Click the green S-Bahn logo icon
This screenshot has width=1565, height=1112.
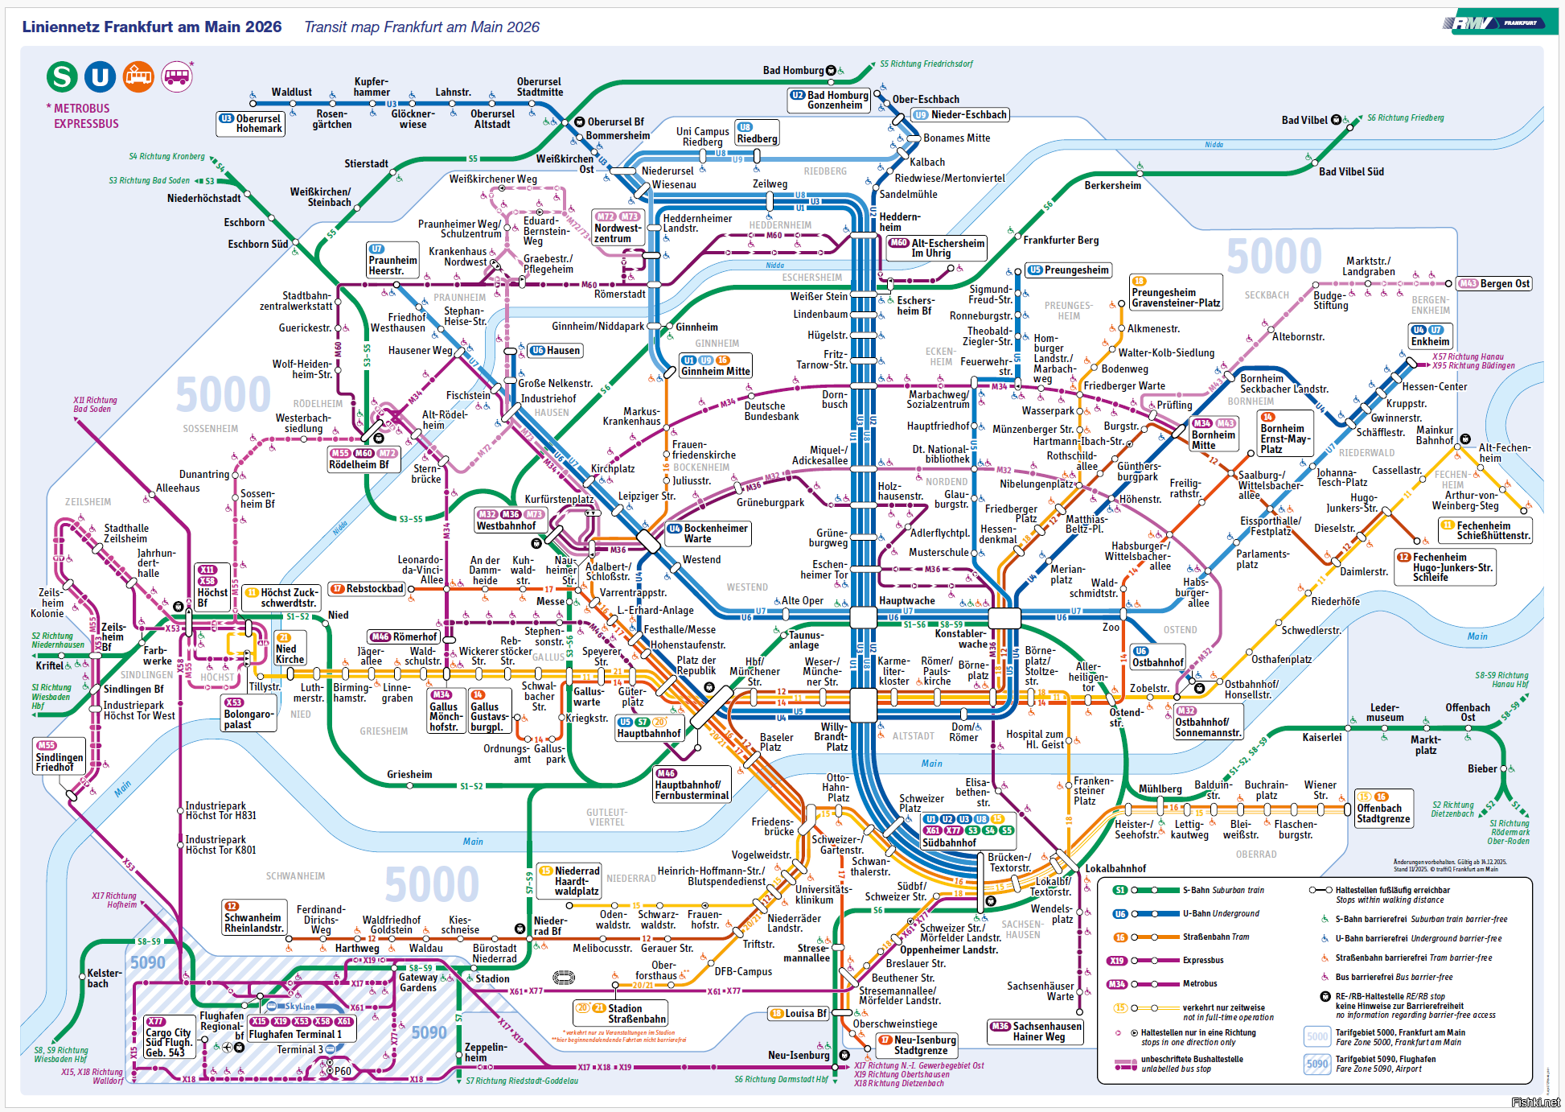(x=62, y=76)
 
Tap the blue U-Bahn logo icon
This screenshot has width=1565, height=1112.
(x=101, y=76)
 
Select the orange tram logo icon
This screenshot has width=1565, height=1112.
(x=138, y=76)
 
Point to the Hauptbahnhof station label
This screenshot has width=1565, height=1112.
(x=649, y=733)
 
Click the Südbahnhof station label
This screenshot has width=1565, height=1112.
(x=949, y=842)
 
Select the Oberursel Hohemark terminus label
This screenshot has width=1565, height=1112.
(x=258, y=123)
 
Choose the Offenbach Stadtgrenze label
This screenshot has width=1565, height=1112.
(x=1383, y=813)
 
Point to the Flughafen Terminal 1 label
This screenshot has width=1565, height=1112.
(x=295, y=1034)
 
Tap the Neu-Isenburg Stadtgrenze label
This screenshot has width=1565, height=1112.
(x=921, y=1044)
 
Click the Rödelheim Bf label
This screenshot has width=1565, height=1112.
(x=359, y=464)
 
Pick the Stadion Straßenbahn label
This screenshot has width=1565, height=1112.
(x=636, y=1013)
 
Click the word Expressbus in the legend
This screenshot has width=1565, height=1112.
(x=1203, y=960)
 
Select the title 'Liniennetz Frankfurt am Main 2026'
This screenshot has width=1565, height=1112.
(x=152, y=27)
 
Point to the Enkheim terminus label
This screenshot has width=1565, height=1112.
(x=1430, y=341)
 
